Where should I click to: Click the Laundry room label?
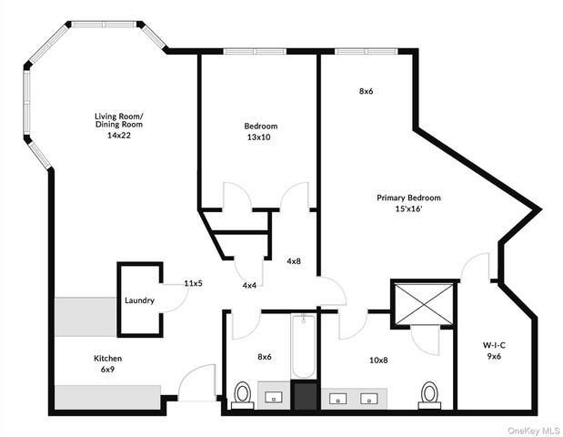(x=139, y=300)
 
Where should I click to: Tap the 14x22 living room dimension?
(x=119, y=136)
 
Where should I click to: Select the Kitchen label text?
(x=107, y=359)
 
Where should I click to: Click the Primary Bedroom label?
(x=408, y=198)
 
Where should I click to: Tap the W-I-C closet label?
(x=494, y=346)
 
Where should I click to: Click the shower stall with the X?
(x=424, y=304)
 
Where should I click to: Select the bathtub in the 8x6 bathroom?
(x=304, y=346)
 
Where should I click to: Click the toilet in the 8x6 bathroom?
(x=242, y=395)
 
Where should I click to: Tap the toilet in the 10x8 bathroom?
(x=429, y=395)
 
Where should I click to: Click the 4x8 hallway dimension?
(x=294, y=261)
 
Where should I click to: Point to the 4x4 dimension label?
(x=249, y=286)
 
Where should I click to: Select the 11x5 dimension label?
(x=194, y=283)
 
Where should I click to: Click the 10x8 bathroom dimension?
(x=378, y=360)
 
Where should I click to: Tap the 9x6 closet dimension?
(x=494, y=357)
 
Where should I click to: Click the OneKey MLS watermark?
(x=534, y=431)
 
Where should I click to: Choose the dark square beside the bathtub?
(x=306, y=396)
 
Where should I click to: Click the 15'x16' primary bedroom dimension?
(x=408, y=208)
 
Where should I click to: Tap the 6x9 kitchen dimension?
(x=107, y=369)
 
